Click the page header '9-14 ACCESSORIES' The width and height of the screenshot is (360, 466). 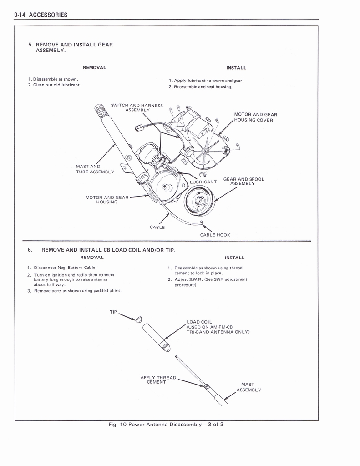(x=41, y=15)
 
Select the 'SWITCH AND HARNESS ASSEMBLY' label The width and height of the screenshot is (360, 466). (x=137, y=107)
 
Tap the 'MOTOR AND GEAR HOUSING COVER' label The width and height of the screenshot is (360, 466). (x=256, y=117)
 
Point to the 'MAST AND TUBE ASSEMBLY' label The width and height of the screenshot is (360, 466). (x=95, y=169)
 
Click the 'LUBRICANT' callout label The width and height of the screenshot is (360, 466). (x=203, y=182)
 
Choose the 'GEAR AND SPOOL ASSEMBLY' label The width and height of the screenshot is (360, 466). (x=244, y=181)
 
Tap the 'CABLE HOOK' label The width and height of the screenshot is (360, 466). (x=215, y=235)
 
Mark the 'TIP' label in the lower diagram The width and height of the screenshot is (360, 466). (x=113, y=312)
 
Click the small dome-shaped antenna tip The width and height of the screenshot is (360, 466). (x=139, y=319)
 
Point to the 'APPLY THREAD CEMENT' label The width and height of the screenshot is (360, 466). (x=158, y=380)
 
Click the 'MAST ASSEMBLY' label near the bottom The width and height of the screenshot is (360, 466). (x=248, y=387)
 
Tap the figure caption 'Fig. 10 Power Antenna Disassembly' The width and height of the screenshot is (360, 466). (x=155, y=425)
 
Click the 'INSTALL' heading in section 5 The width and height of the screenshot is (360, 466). (x=236, y=68)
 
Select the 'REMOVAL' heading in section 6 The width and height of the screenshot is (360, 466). (x=92, y=258)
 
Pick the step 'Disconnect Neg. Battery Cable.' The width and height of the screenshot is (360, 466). (x=62, y=268)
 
